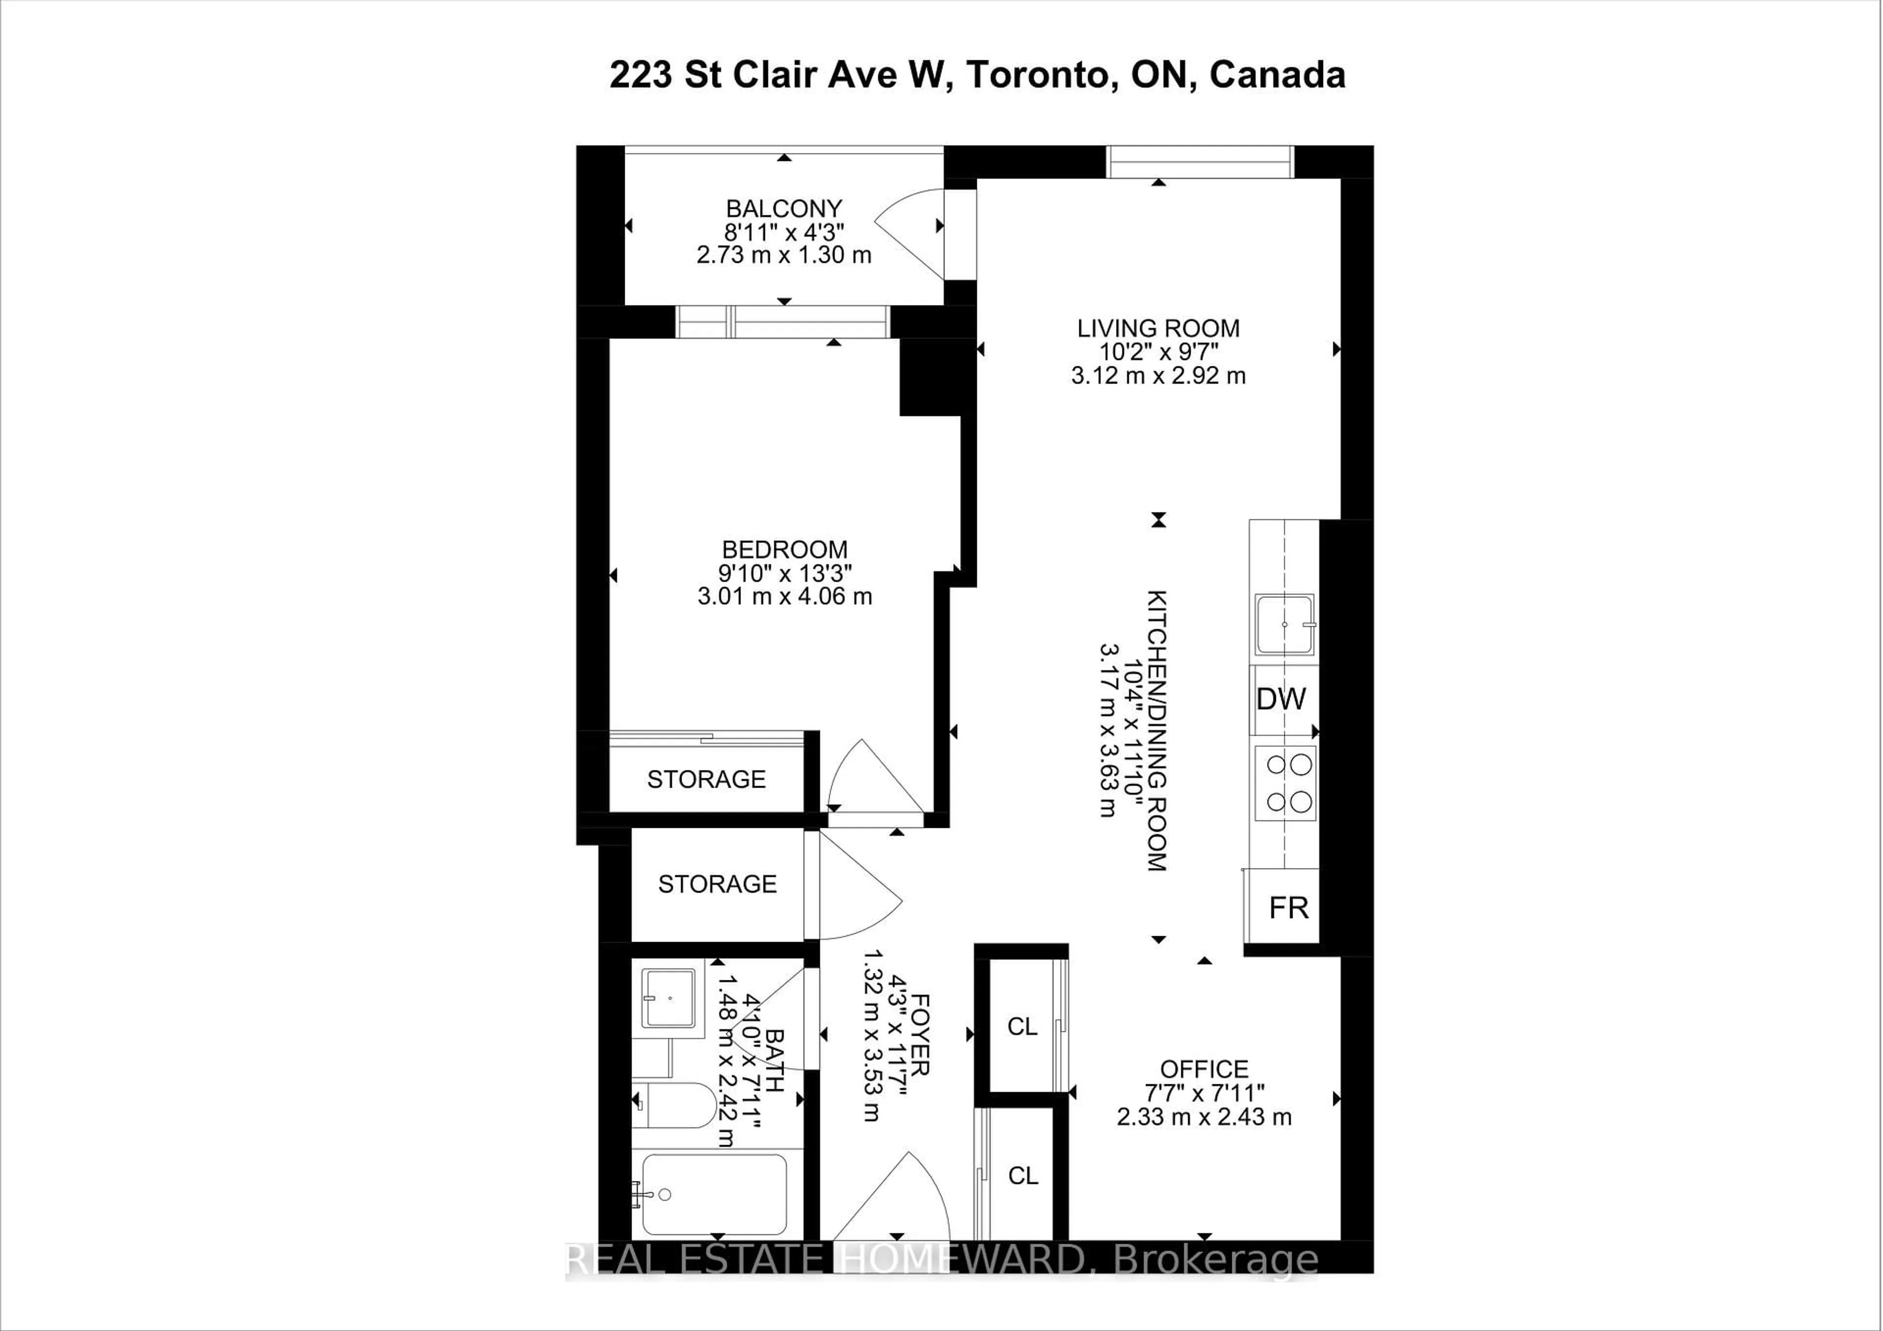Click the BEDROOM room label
click(x=784, y=549)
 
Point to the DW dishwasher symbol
click(x=1281, y=699)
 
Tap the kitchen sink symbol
click(x=1284, y=625)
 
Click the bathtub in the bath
click(x=713, y=1194)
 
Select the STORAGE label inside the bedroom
click(x=706, y=779)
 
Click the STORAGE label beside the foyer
click(x=717, y=884)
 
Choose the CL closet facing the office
click(x=1022, y=1027)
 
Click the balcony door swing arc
click(x=910, y=234)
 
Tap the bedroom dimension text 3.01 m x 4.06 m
click(x=784, y=596)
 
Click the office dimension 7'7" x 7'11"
click(x=1204, y=1093)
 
